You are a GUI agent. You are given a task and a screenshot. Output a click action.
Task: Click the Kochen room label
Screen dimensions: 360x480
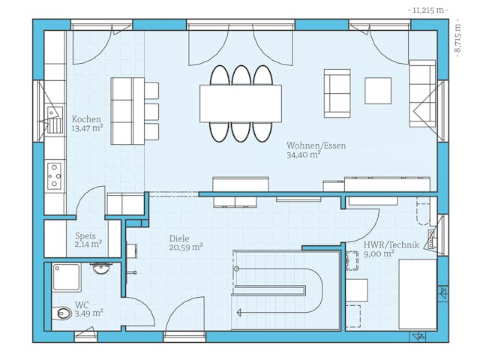[x=86, y=119]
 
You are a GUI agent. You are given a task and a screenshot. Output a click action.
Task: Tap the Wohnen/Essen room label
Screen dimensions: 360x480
[x=316, y=145]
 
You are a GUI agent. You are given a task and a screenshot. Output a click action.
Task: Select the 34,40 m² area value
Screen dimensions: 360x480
[x=304, y=155]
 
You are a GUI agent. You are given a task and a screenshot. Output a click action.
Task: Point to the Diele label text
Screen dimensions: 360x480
[x=179, y=237]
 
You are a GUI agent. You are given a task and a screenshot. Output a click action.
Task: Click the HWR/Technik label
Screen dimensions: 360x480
[x=389, y=244]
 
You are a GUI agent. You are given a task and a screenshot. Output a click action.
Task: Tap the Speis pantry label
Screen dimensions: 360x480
[x=85, y=235]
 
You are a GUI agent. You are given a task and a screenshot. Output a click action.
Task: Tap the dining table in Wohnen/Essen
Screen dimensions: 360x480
[x=240, y=103]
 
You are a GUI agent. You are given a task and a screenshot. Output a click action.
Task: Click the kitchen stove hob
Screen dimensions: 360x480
[x=55, y=175]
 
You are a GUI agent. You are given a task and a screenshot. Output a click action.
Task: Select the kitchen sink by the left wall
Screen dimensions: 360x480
[x=55, y=119]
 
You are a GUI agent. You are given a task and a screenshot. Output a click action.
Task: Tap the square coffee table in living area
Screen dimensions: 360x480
[x=377, y=91]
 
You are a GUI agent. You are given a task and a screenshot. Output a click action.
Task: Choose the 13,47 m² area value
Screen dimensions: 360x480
[x=87, y=128]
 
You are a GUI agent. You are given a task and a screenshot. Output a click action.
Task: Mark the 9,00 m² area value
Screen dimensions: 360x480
[x=379, y=254]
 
